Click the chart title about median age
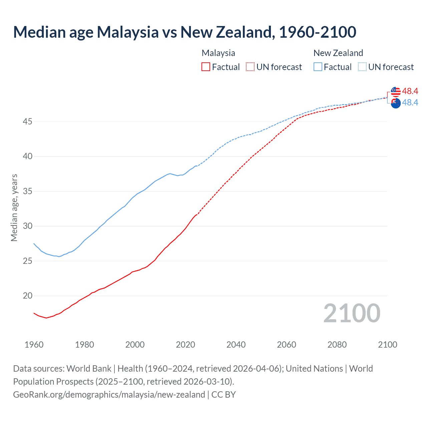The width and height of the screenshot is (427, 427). (184, 32)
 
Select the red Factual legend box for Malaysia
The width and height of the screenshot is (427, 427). (206, 67)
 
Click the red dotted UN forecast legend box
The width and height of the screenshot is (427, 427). (250, 67)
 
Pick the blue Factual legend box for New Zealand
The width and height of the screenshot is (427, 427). (318, 67)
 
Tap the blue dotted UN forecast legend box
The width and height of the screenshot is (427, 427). (362, 67)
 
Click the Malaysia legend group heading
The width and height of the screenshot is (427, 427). (218, 53)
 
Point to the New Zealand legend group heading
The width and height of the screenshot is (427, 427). (338, 53)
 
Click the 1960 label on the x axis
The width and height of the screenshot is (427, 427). (34, 345)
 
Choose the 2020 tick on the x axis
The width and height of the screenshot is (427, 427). (185, 345)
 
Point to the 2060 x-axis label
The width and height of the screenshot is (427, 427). (287, 345)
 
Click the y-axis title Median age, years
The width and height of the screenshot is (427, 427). (14, 207)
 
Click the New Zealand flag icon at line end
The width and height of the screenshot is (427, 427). (396, 103)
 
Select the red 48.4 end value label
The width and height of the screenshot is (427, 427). (410, 91)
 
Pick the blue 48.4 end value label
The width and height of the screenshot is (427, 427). (410, 102)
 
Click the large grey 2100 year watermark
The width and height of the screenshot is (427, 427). (352, 313)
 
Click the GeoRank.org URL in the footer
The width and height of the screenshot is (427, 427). (109, 395)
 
